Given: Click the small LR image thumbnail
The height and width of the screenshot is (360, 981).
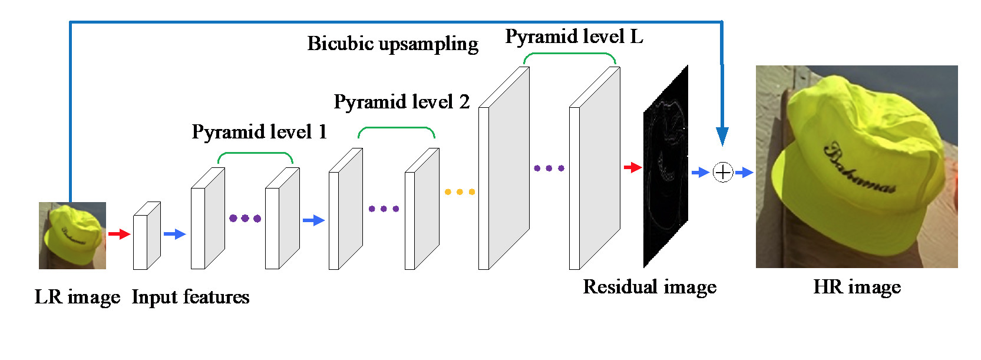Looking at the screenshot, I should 72,236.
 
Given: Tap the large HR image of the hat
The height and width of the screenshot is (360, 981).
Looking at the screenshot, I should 857,167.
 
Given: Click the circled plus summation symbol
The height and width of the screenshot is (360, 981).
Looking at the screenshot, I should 722,173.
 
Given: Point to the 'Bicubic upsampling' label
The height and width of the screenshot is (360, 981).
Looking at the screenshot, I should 392,44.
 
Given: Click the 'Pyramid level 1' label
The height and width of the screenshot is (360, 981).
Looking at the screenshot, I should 259,132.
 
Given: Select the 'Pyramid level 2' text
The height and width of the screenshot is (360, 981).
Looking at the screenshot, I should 401,102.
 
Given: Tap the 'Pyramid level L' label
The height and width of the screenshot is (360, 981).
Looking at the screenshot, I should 574,37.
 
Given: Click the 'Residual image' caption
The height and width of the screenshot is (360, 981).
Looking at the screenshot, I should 649,287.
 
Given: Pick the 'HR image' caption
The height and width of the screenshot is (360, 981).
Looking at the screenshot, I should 857,287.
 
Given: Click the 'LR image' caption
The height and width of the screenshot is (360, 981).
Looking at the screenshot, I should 77,297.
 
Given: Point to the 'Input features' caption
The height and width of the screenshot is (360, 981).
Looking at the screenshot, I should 190,297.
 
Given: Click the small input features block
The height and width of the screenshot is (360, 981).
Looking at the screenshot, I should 146,236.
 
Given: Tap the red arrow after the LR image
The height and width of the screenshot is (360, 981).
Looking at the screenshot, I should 119,234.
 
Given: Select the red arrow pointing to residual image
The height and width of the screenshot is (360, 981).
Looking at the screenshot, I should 632,167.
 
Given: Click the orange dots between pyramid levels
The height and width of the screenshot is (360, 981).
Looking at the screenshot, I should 460,192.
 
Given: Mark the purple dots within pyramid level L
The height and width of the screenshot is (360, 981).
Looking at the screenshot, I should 549,169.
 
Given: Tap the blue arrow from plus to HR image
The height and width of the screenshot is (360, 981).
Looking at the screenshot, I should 744,173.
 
